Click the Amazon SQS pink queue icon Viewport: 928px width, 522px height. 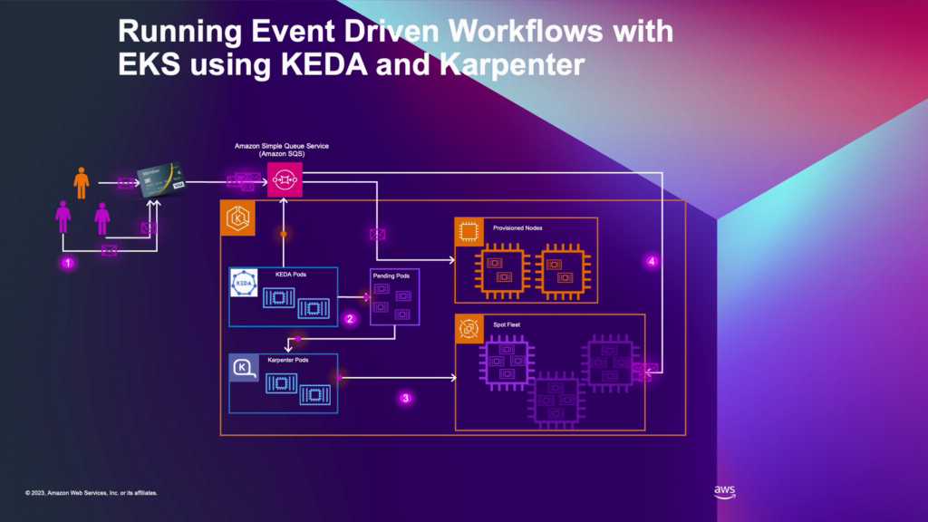coord(283,181)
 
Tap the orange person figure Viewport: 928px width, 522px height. coord(82,182)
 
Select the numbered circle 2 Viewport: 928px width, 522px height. coord(350,318)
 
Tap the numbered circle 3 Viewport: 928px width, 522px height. coord(406,397)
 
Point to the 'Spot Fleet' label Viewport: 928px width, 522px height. coord(507,324)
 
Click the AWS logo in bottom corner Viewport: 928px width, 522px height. coord(724,492)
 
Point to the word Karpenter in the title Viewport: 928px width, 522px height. coord(504,65)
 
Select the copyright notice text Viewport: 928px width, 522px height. coord(92,493)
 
